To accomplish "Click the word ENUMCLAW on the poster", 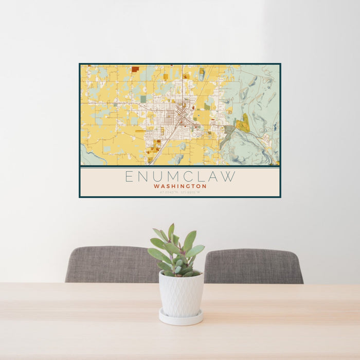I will (180, 176).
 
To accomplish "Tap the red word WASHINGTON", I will (180, 186).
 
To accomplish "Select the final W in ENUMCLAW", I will (230, 176).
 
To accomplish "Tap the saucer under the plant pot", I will (181, 318).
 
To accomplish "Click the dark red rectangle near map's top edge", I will (135, 69).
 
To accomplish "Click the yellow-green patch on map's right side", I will (243, 123).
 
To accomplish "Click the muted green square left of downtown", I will (143, 99).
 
